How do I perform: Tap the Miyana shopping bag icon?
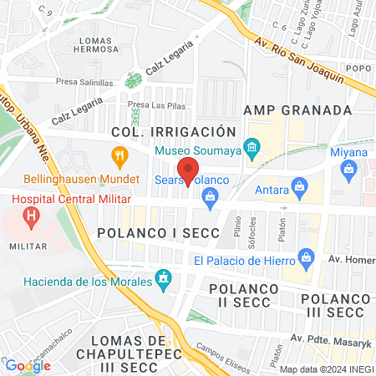pyautogui.click(x=349, y=170)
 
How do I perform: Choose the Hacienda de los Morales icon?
pyautogui.click(x=165, y=277)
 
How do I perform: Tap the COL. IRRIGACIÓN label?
pyautogui.click(x=180, y=132)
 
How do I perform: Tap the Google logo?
pyautogui.click(x=27, y=365)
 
